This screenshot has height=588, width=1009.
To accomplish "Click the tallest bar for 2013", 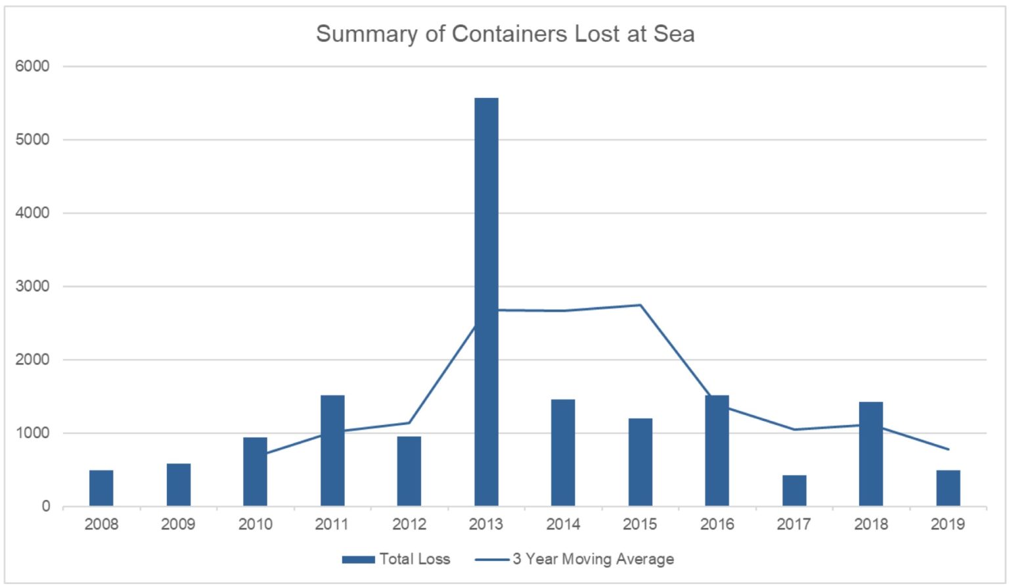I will coord(486,302).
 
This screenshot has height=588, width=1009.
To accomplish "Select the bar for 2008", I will coord(101,488).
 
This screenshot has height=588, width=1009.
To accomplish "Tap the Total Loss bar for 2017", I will coord(794,491).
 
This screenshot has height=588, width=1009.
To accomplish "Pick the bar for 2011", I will coord(332,451).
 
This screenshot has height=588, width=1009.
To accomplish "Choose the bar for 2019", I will coord(948,488).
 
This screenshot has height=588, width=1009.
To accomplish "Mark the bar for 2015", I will coord(640,462).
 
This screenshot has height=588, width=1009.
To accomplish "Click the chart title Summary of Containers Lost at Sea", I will coord(504,34).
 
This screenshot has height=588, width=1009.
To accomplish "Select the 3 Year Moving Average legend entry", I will coord(575,559).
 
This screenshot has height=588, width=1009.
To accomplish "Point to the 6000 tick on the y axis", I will coord(33,66).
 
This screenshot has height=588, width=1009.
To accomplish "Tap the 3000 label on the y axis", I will coord(33,286).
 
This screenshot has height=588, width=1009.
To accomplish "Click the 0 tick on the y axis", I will coord(45,506).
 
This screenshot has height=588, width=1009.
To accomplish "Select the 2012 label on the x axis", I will coord(409,524).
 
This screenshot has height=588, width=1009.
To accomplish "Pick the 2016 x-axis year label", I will coord(717,524).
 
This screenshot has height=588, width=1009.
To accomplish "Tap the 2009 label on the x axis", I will coord(178,524).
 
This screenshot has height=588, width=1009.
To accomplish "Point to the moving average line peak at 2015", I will coord(640,305).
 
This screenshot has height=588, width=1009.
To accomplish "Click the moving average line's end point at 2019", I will coord(948,449).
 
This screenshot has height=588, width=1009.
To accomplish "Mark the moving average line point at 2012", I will coord(409,422).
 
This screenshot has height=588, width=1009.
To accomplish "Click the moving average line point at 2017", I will coord(794,429).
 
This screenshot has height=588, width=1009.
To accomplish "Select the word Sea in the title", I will coord(674,34).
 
